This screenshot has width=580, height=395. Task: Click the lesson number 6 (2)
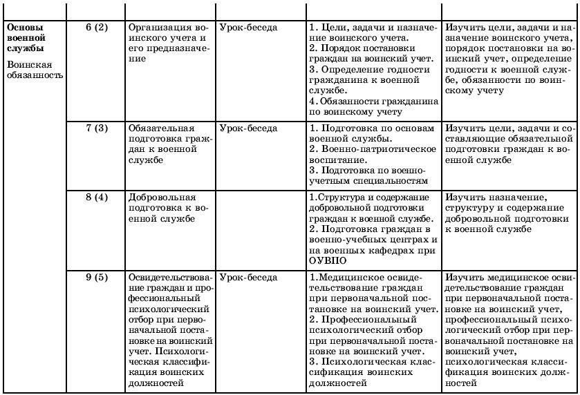pos(97,28)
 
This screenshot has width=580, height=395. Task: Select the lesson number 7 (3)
pos(97,128)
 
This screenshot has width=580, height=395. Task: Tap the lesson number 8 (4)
pos(97,197)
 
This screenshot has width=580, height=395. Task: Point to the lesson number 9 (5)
pos(97,278)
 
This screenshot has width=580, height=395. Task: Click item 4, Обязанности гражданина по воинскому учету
pos(373,106)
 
